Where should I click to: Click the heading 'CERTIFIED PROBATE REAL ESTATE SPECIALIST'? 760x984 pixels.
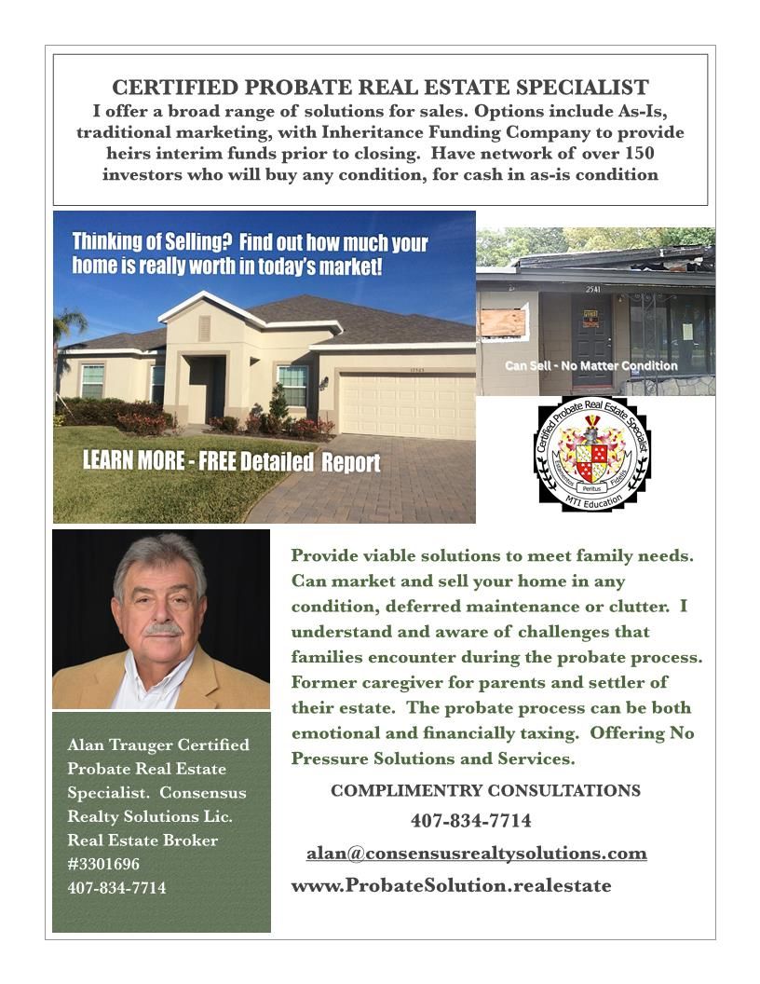[380, 88]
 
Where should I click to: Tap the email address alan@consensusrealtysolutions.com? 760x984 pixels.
[476, 853]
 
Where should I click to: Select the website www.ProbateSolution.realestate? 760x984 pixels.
[451, 885]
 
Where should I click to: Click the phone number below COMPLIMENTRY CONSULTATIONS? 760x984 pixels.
[470, 821]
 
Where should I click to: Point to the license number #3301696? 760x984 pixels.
[103, 864]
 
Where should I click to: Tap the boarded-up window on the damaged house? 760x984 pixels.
[504, 322]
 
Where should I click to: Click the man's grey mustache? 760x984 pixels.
[162, 629]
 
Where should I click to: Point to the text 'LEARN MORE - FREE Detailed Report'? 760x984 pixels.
[231, 461]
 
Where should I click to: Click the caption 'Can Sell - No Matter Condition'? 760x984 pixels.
[590, 366]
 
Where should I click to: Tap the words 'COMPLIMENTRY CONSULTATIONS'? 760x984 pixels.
[485, 791]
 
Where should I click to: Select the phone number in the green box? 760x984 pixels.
[116, 888]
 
